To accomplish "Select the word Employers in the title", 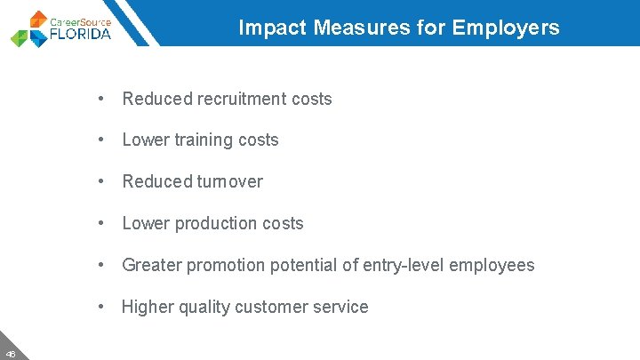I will tap(506, 28).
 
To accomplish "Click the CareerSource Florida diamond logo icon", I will tap(28, 29).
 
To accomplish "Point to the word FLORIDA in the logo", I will tap(81, 35).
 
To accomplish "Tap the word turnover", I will tap(229, 182).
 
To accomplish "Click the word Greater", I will tap(149, 265).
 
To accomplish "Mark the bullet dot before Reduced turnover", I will tap(103, 182).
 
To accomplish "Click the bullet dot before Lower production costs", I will tap(103, 224).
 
